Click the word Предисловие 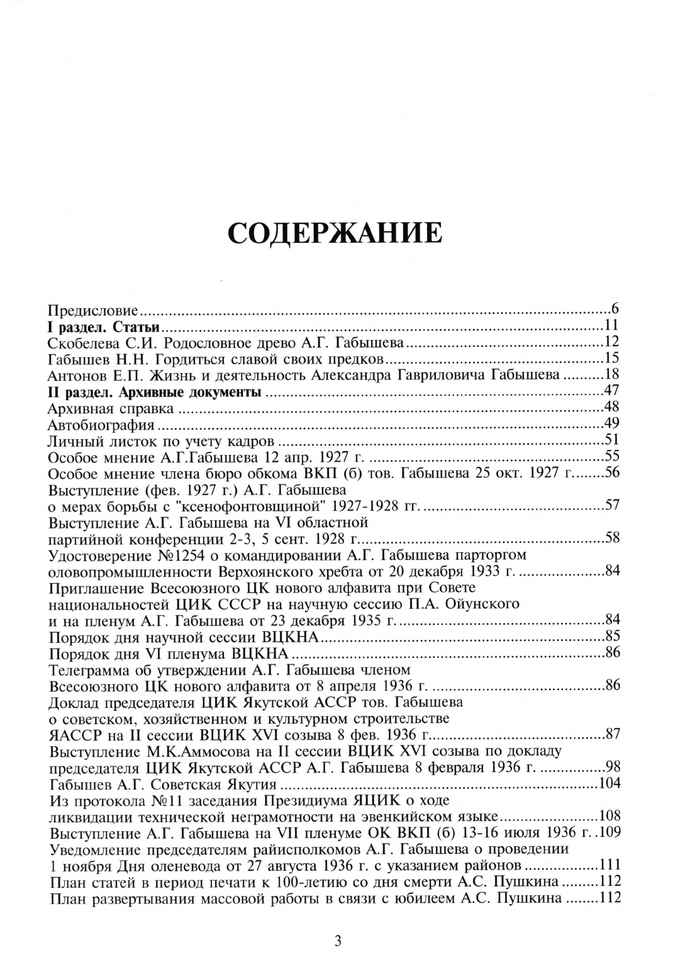click(x=94, y=310)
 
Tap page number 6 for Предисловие click(x=616, y=309)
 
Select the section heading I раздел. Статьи click(x=103, y=326)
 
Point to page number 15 click(x=612, y=359)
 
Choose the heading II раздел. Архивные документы click(x=155, y=392)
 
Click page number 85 click(x=612, y=636)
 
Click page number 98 click(x=612, y=767)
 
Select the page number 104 click(x=609, y=783)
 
